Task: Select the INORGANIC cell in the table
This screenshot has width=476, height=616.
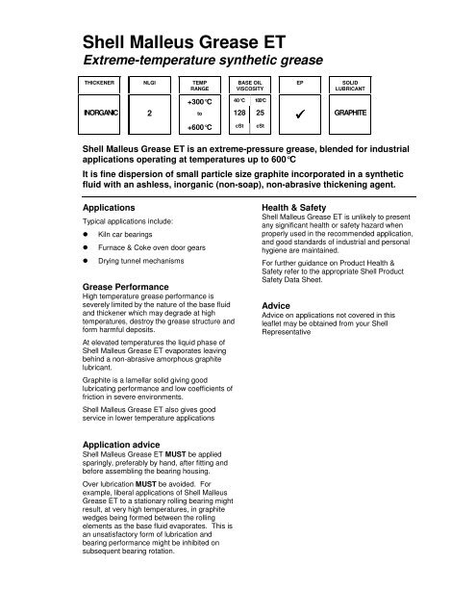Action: (x=98, y=139)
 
